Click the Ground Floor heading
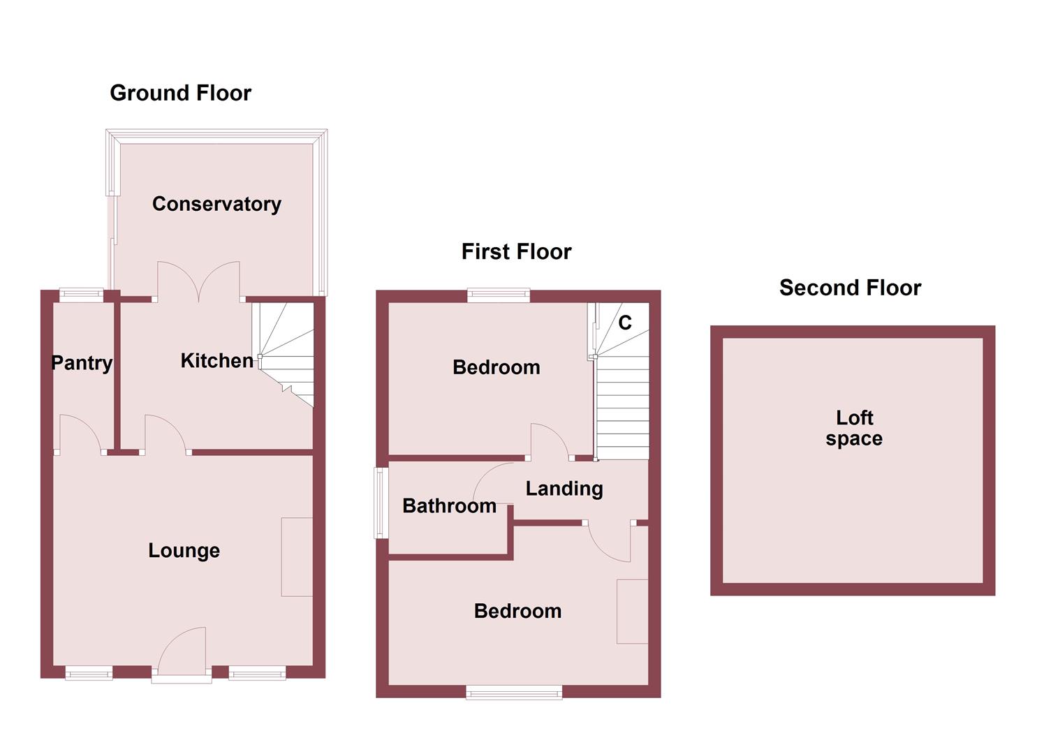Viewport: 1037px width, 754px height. [180, 93]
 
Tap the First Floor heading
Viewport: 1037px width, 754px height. [516, 251]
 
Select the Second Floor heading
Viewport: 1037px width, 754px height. [850, 288]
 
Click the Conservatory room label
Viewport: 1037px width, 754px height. [216, 204]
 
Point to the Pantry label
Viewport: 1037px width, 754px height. [82, 363]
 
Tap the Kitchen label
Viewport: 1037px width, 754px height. [216, 361]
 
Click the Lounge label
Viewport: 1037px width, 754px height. [184, 551]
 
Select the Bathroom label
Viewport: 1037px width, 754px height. [449, 506]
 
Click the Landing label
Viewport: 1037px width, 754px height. [564, 489]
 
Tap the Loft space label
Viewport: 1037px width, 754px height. [854, 428]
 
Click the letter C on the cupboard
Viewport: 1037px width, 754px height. [625, 323]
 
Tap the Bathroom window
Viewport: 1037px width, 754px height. [381, 503]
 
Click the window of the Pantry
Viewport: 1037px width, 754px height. [82, 295]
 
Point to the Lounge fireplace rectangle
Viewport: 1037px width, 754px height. [297, 557]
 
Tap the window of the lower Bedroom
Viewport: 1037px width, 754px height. [514, 692]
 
